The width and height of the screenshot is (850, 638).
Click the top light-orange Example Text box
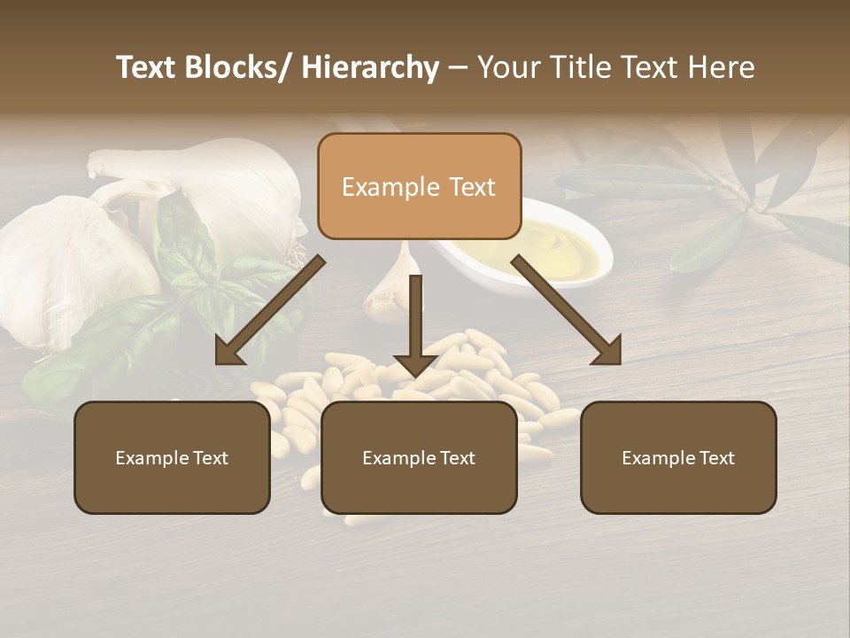[x=419, y=186]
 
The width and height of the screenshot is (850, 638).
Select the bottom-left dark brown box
[x=172, y=457]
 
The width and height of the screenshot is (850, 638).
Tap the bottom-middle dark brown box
[x=419, y=457]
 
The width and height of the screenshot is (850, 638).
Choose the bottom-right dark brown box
[x=678, y=457]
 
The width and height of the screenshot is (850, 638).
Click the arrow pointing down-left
[x=271, y=310]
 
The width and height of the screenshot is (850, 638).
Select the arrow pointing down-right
[x=567, y=310]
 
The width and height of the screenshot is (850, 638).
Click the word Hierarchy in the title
[x=370, y=68]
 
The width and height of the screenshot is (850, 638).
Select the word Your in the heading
[x=507, y=68]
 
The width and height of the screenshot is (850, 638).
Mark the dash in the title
[x=458, y=68]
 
